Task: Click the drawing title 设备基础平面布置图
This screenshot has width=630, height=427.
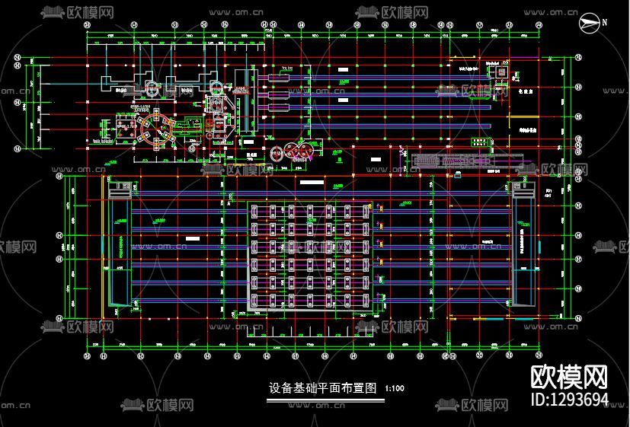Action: (x=323, y=387)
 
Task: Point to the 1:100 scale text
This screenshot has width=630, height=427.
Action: (x=394, y=389)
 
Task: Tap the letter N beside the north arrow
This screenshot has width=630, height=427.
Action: (x=604, y=22)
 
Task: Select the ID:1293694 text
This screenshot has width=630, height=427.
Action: (x=569, y=399)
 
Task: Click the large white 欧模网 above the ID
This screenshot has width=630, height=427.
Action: (x=569, y=377)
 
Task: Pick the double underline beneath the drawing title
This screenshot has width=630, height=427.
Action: (x=323, y=397)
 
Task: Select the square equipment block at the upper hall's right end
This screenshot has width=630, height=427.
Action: (x=500, y=72)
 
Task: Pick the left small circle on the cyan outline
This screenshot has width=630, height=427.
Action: (x=151, y=87)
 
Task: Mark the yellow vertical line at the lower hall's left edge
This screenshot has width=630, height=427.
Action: (x=104, y=251)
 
